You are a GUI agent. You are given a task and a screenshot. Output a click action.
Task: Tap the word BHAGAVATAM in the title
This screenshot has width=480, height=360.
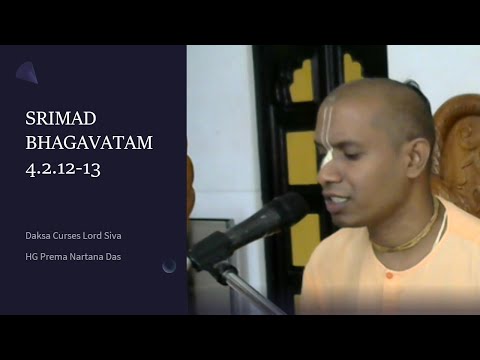click(x=89, y=142)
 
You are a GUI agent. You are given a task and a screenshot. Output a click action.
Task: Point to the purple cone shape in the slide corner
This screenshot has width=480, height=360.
click(x=27, y=71)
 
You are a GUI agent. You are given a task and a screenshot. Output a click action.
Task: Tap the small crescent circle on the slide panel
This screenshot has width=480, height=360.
click(x=169, y=265)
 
